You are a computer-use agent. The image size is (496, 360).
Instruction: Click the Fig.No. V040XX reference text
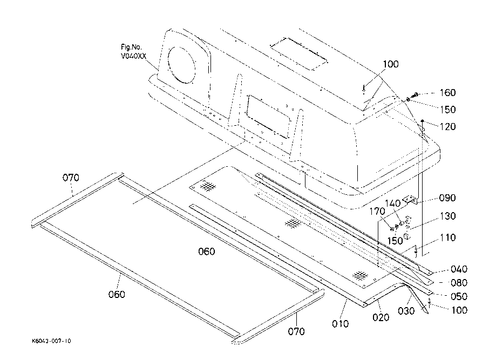point(133,52)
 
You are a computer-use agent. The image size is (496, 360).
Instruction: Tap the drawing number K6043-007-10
point(52,341)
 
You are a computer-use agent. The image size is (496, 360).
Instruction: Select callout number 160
point(447,93)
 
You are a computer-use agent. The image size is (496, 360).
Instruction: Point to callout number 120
point(447,126)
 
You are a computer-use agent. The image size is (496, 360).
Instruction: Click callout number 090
point(447,198)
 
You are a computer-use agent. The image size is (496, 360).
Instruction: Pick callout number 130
point(447,216)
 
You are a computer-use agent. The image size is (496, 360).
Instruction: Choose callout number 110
point(447,237)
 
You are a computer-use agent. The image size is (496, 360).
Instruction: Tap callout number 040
point(459,269)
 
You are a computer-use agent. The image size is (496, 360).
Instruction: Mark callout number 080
point(459,282)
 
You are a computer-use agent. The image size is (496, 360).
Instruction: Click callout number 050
point(459,296)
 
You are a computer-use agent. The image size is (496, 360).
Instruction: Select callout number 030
point(406,311)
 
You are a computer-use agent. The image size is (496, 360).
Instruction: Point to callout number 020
point(381,317)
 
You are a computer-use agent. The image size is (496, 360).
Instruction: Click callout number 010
point(341,324)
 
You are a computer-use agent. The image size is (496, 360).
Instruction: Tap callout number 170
point(377,212)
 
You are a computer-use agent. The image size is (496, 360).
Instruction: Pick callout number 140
point(392,203)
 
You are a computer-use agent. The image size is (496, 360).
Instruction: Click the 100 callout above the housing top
point(391,64)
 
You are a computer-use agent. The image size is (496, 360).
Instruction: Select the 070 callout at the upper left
point(71,178)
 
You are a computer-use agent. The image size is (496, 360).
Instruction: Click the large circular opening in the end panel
point(182,65)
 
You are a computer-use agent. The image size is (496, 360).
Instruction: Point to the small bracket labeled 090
point(410,199)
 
